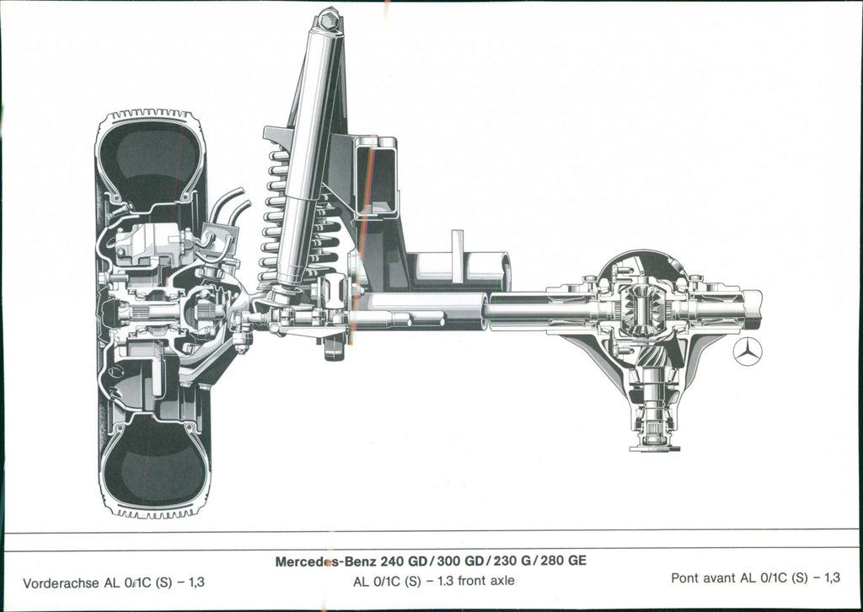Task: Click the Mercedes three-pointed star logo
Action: (747, 352)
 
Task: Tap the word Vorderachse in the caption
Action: (62, 582)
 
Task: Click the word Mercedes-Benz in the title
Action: (325, 561)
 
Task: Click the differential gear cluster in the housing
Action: (645, 309)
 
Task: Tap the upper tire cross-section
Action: (150, 160)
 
